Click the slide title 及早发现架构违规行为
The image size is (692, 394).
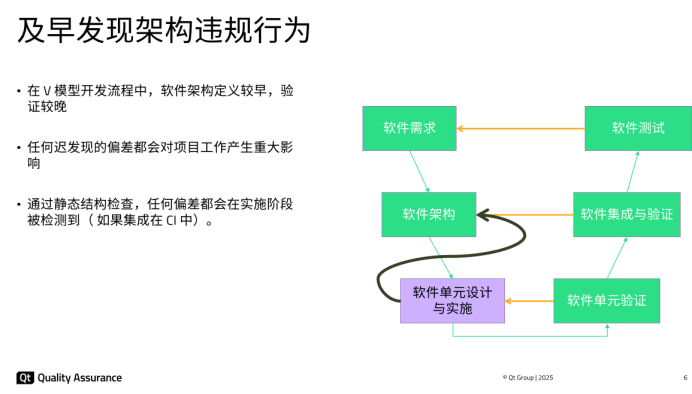click(164, 29)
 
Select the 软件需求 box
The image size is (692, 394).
click(409, 128)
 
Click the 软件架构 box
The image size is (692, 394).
click(429, 214)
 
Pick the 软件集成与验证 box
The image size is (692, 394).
click(626, 214)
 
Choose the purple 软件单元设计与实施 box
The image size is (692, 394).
click(452, 300)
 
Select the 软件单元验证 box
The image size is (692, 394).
click(607, 300)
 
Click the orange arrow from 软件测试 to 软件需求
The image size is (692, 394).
click(520, 128)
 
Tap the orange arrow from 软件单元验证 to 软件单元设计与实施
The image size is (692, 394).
click(529, 300)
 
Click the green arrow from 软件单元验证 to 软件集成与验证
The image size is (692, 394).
click(612, 257)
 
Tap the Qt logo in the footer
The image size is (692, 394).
click(25, 378)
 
